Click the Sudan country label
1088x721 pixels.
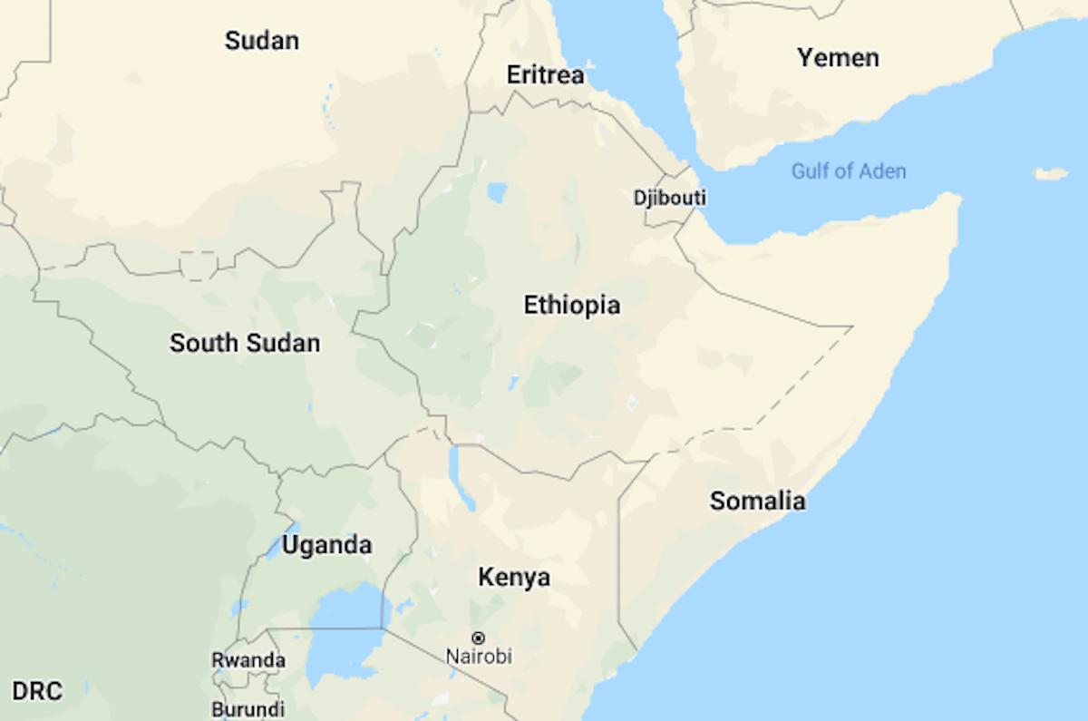262,41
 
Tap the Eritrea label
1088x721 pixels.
545,75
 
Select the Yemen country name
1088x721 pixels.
838,58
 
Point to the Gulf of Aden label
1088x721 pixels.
848,171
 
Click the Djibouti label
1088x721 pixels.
670,198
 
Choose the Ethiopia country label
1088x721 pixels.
572,306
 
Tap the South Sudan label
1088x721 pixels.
245,344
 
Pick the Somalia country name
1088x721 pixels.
757,501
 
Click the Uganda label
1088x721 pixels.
326,545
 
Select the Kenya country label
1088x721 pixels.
513,577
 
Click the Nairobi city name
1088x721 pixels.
479,656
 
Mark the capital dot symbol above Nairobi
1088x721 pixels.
479,638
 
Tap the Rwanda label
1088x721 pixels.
248,660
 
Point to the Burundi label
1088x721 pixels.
248,708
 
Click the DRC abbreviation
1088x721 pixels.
38,692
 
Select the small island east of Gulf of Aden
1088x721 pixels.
1051,173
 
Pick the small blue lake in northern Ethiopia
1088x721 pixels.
496,192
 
